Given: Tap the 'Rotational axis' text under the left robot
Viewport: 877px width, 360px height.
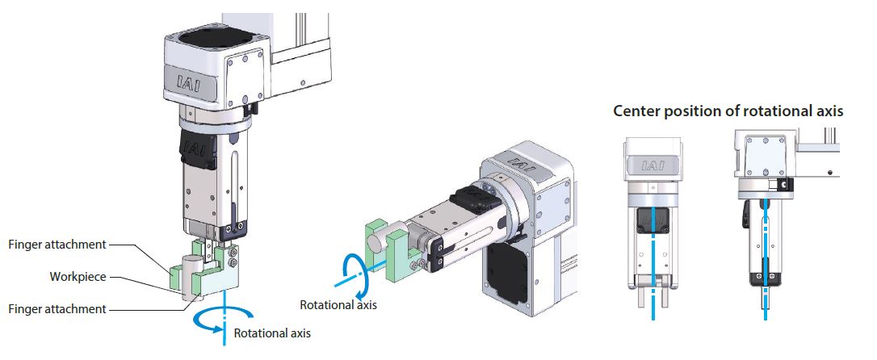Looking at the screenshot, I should (272, 333).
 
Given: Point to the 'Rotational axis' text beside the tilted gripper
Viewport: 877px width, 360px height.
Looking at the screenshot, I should (338, 305).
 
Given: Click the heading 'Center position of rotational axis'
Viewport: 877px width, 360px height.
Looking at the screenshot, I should (728, 111).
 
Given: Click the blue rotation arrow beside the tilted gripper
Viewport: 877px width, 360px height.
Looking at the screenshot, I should (355, 274).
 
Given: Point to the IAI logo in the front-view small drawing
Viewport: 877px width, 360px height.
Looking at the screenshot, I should (652, 166).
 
